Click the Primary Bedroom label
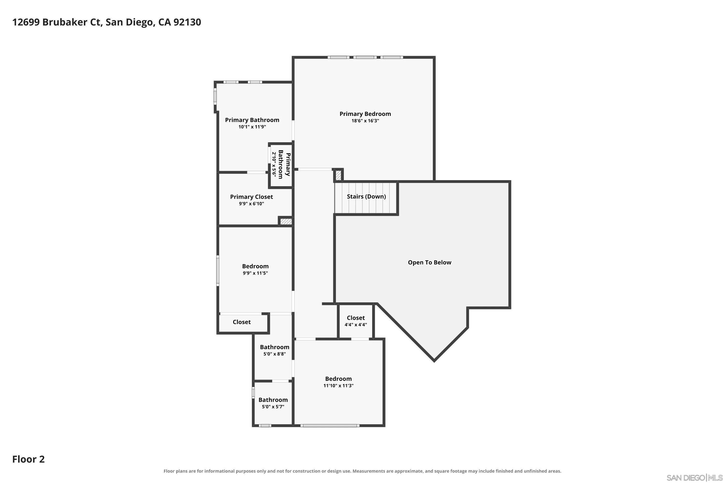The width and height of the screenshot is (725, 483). click(365, 114)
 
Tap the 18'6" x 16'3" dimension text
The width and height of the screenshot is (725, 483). click(365, 121)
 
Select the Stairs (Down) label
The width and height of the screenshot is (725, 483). click(366, 197)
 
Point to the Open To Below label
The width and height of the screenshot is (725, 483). click(429, 263)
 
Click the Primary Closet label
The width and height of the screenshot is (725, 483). click(251, 197)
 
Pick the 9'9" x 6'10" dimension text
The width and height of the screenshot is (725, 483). click(251, 204)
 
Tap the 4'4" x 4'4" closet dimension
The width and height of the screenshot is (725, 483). click(356, 325)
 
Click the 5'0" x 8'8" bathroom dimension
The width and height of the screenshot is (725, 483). click(274, 354)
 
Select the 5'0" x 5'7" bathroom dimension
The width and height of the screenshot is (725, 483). click(273, 407)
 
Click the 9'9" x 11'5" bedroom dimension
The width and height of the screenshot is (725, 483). click(255, 273)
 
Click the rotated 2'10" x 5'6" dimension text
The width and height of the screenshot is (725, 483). click(274, 164)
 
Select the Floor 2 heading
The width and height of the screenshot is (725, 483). click(28, 459)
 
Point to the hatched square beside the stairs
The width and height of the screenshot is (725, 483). click(338, 176)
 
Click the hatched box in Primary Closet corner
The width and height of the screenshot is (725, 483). click(286, 221)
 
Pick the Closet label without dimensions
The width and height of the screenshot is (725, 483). click(241, 322)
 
